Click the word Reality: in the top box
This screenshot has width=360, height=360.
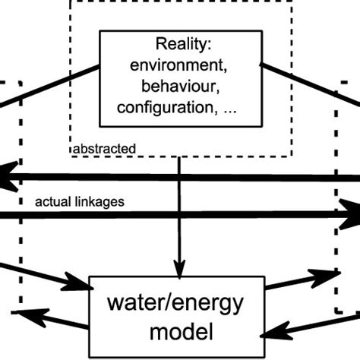tap(180, 44)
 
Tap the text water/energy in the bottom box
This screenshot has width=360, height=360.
tap(178, 305)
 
